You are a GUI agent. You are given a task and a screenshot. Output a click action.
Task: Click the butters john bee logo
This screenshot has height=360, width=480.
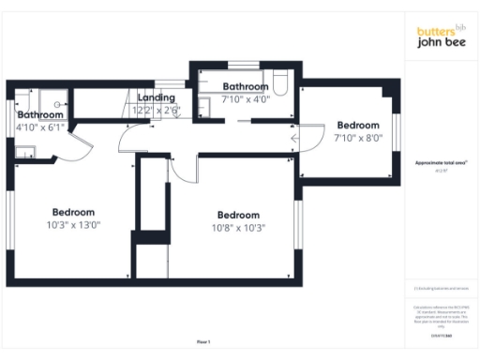(x=442, y=36)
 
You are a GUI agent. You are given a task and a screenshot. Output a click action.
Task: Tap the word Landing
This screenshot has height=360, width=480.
(x=156, y=97)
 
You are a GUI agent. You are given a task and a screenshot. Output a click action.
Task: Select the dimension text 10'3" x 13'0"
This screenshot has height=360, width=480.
(x=73, y=225)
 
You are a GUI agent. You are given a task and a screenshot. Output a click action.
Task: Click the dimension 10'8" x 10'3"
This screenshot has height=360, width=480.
(x=239, y=227)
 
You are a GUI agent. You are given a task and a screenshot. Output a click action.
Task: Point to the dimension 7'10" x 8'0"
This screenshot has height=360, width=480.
(x=358, y=139)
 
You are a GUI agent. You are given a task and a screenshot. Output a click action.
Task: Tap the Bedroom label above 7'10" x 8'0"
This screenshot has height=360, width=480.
(x=358, y=126)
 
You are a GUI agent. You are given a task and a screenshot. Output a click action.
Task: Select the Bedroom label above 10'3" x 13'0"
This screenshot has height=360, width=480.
(x=74, y=211)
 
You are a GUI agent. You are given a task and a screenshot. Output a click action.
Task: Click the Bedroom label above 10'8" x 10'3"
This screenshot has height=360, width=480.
(x=239, y=214)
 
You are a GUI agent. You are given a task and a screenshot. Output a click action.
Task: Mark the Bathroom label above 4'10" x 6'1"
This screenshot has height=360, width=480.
(x=40, y=114)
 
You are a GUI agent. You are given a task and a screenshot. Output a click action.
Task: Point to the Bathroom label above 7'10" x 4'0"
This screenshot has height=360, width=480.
(x=246, y=87)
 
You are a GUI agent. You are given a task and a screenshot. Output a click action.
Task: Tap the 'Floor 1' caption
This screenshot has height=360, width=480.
(x=203, y=342)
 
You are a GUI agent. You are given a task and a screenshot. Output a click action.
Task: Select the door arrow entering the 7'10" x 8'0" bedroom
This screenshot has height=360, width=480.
(x=294, y=140)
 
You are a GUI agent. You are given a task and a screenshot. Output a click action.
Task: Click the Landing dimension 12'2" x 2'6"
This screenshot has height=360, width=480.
(x=156, y=110)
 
